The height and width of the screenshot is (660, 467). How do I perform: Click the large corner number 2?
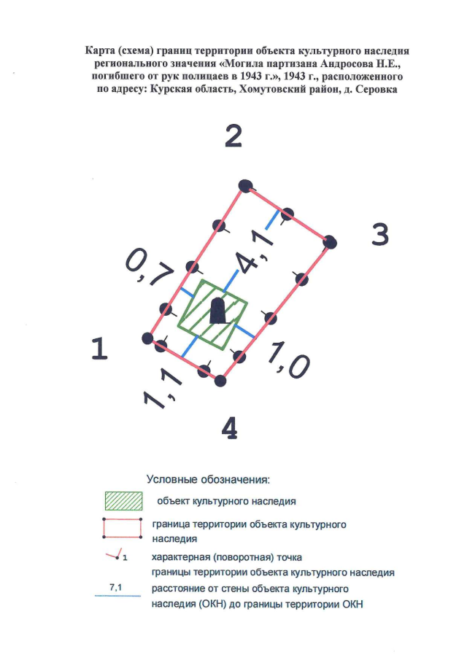(x=233, y=136)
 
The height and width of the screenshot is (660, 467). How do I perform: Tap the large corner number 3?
(x=380, y=234)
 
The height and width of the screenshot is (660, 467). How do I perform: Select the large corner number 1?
(x=100, y=349)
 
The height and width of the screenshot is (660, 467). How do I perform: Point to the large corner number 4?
(x=230, y=428)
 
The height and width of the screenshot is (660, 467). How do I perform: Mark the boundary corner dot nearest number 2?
(x=245, y=185)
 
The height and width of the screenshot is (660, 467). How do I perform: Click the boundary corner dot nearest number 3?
(x=331, y=242)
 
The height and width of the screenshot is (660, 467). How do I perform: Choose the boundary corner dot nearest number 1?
(x=147, y=338)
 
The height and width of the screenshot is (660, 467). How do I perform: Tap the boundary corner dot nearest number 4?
(x=220, y=381)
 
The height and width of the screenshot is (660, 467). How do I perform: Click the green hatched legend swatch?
(x=123, y=500)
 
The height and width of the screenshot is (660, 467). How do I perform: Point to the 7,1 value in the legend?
(x=115, y=587)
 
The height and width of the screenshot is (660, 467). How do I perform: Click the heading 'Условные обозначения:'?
(x=208, y=479)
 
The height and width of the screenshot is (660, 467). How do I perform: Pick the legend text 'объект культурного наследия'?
(x=226, y=501)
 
